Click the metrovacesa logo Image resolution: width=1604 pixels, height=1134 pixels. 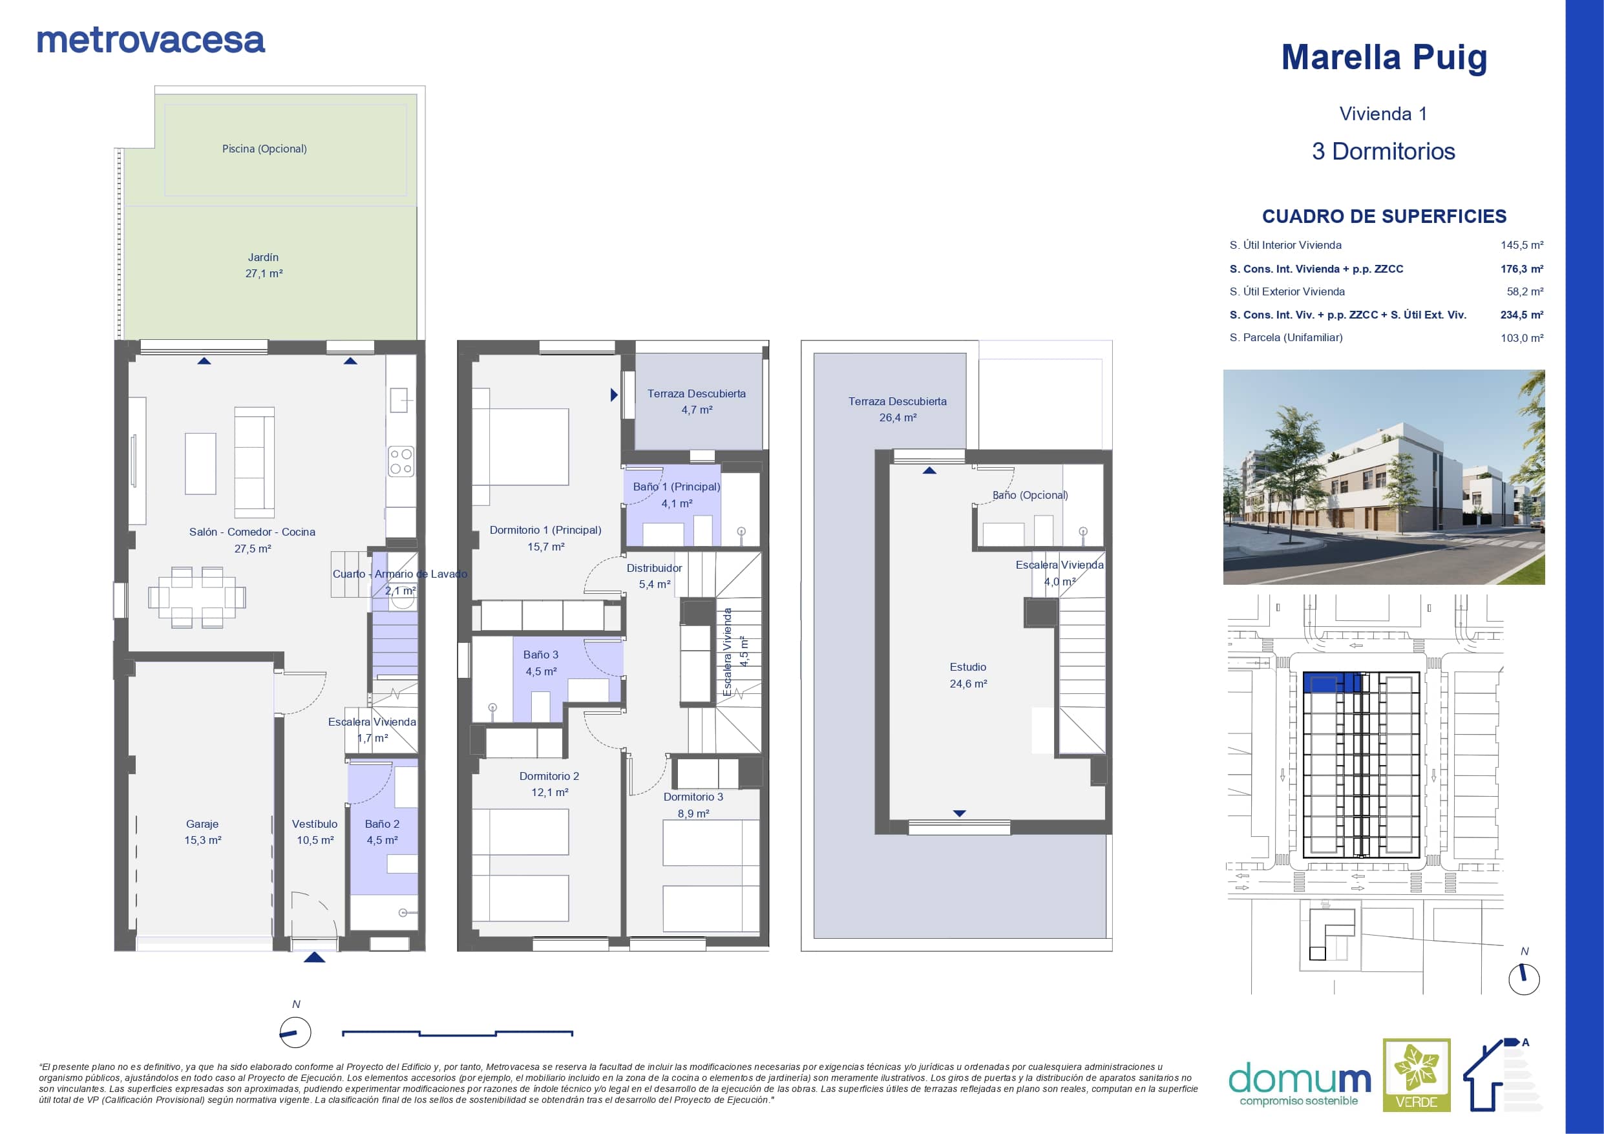click(151, 41)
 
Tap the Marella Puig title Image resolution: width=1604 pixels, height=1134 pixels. click(1383, 58)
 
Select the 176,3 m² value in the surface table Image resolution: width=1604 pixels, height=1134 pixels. click(1521, 269)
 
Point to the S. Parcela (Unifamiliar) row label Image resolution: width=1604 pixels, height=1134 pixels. click(1286, 337)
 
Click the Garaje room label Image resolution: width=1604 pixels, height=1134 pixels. click(202, 824)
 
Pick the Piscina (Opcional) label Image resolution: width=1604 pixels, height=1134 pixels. click(264, 149)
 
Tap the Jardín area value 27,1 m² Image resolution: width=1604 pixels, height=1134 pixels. click(264, 274)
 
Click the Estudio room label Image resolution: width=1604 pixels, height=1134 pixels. click(968, 667)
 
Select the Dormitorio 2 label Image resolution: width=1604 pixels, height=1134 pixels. click(549, 776)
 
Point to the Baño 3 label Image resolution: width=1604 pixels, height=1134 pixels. click(541, 655)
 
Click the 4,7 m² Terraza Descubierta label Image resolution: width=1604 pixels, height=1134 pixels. click(697, 410)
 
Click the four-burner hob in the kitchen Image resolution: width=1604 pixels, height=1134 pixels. click(401, 461)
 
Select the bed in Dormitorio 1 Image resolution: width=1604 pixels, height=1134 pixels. click(520, 446)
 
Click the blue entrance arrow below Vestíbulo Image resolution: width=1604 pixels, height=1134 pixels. click(314, 957)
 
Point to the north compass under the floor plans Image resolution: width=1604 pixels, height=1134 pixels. click(295, 1033)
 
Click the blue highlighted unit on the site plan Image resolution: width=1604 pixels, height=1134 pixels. click(1332, 682)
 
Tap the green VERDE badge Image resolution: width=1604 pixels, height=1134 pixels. click(1417, 1075)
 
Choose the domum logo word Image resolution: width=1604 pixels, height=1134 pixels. click(1300, 1080)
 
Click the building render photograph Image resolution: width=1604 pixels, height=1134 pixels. click(1384, 478)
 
